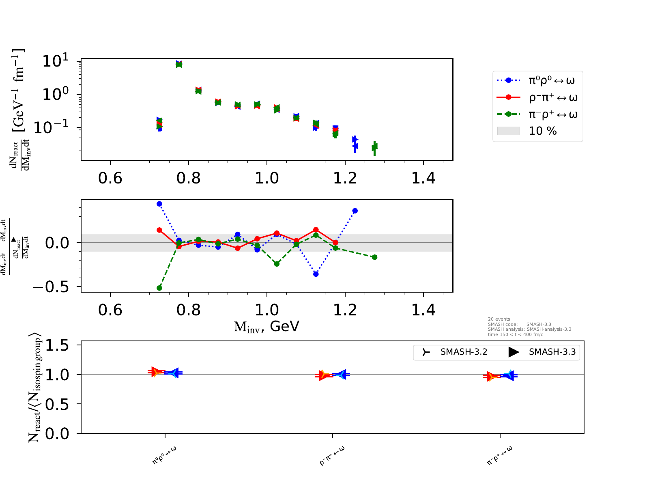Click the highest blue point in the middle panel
[159, 204]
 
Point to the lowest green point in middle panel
[159, 288]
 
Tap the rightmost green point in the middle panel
[374, 257]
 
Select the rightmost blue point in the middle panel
[355, 211]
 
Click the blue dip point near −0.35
[316, 274]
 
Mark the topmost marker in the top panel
[179, 64]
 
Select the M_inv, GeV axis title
[266, 326]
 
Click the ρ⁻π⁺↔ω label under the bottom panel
[332, 455]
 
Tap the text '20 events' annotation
[499, 319]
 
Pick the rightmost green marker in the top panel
[374, 147]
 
